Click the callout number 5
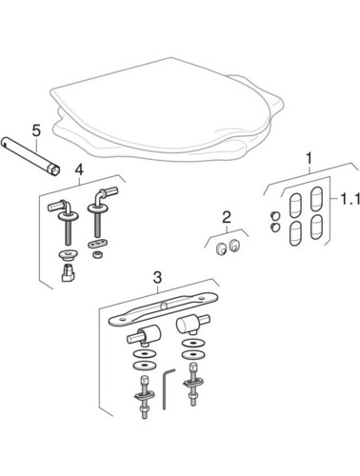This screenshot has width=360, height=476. tap(36, 130)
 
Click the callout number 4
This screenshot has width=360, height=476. tap(79, 169)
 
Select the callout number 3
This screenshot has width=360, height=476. tap(157, 277)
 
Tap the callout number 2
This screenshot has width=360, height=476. tap(227, 218)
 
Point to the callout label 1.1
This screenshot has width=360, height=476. tap(350, 200)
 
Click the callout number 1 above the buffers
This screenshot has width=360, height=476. tap(309, 158)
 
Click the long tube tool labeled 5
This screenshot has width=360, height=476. tap(31, 155)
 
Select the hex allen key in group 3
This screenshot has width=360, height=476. tap(168, 388)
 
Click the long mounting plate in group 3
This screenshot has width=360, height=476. tap(163, 309)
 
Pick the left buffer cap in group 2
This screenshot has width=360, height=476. tap(219, 248)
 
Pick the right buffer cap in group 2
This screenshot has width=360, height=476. tap(235, 246)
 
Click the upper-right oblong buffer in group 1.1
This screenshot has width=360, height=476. tap(316, 199)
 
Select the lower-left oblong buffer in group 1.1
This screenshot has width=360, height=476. tap(295, 233)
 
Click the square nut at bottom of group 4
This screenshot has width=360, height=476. tap(68, 272)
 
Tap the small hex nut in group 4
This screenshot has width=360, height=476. tap(95, 254)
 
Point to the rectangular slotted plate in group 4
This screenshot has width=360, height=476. tap(97, 245)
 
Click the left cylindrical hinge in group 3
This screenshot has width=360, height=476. tap(145, 335)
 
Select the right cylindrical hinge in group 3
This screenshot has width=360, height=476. tap(191, 324)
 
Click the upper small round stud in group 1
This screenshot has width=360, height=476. tap(275, 216)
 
